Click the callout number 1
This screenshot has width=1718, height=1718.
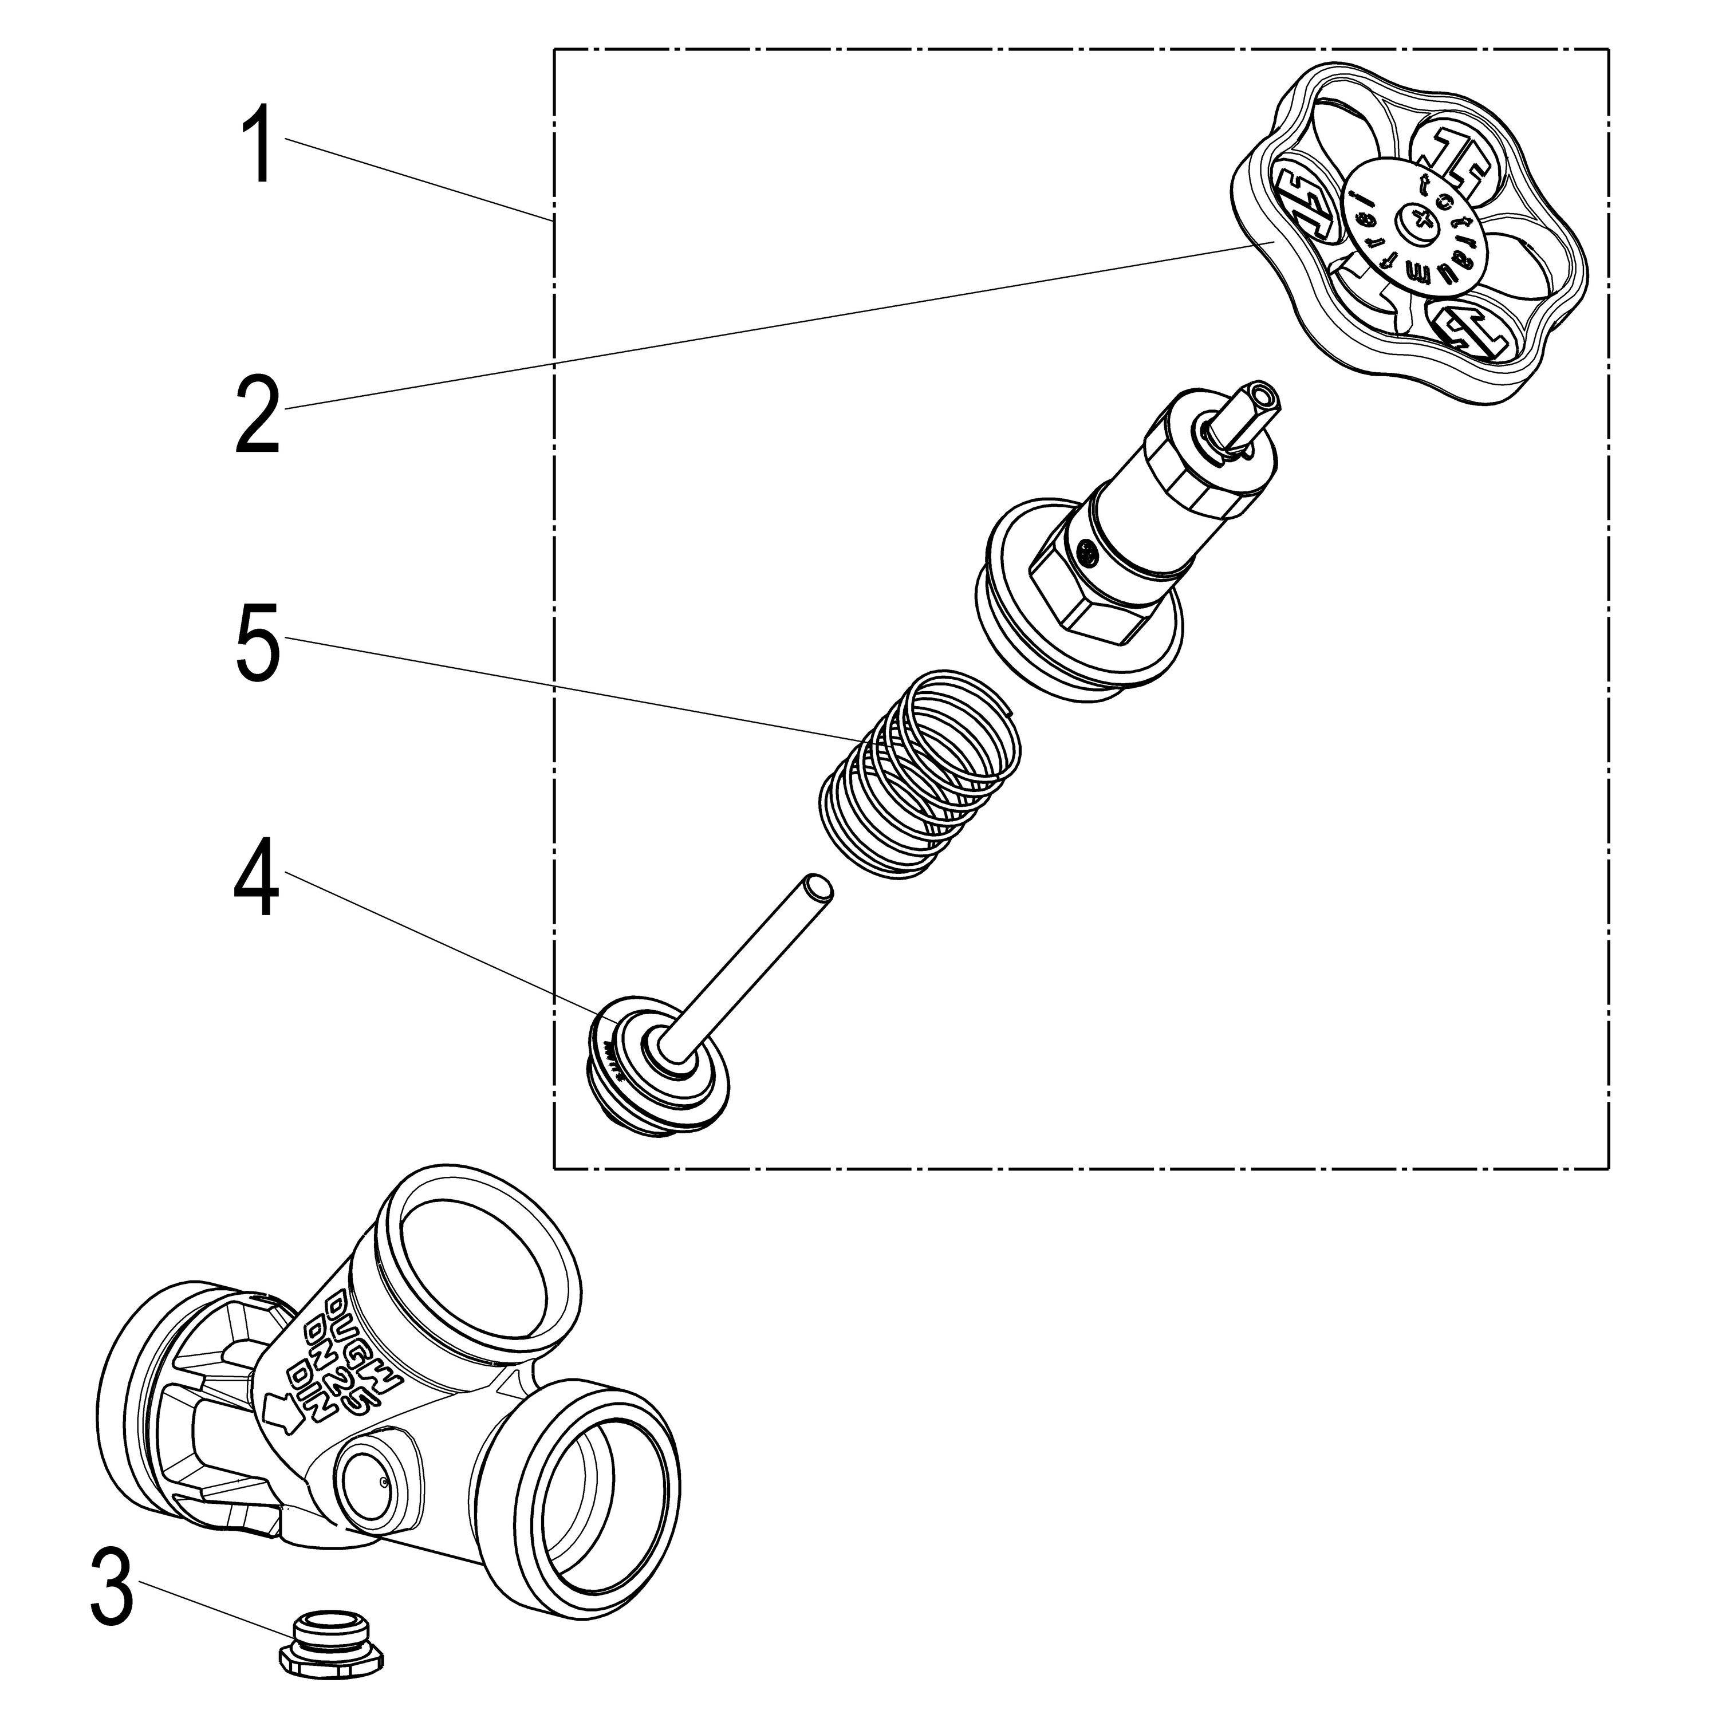coord(259,144)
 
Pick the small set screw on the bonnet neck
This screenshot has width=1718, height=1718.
coord(1087,555)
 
